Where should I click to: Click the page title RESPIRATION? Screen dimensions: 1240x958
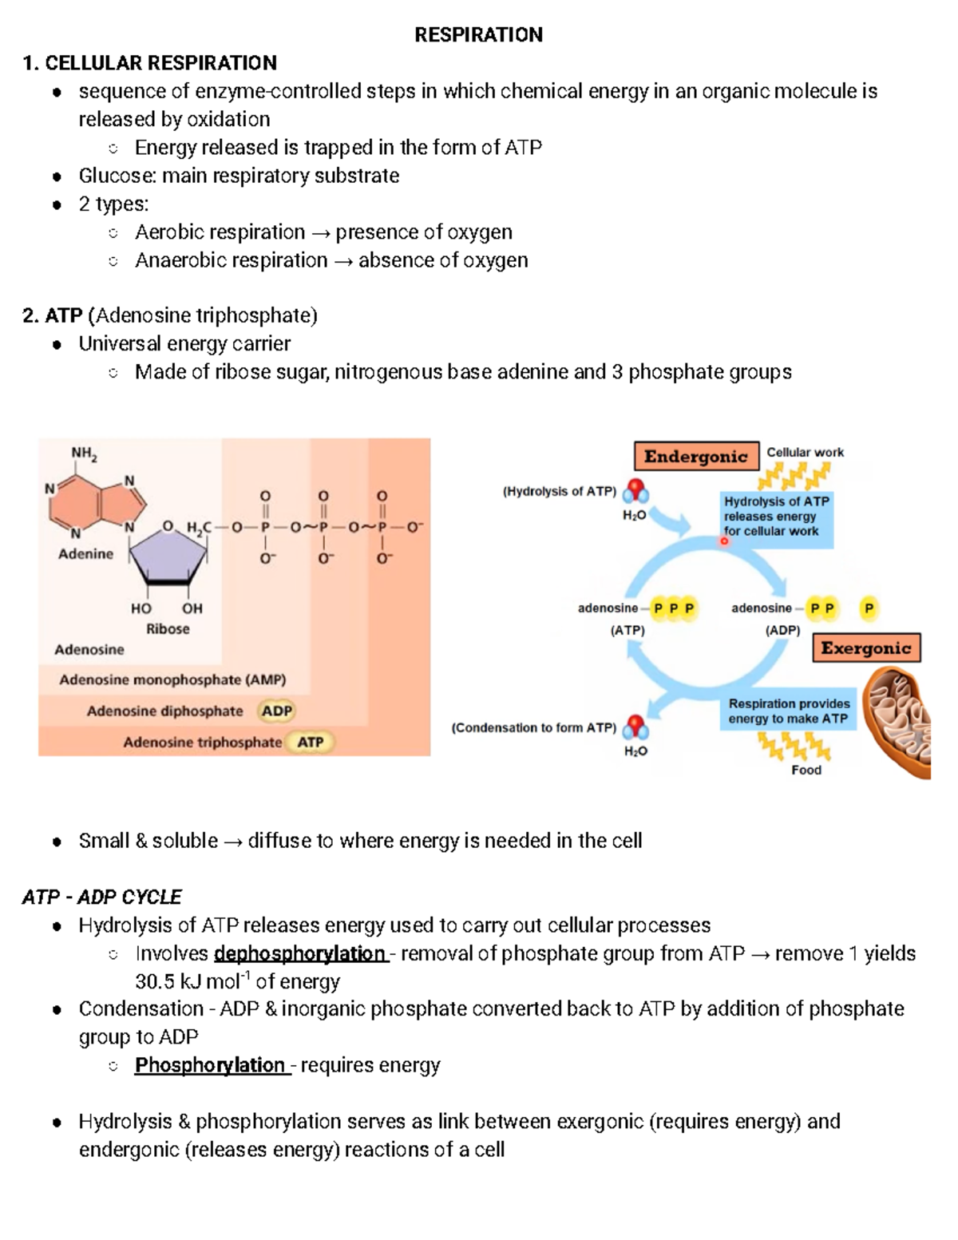tap(478, 34)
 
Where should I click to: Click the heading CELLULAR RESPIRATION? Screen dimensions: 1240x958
tap(160, 63)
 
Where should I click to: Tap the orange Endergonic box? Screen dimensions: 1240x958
tap(695, 457)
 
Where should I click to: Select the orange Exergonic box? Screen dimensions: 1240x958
tap(866, 648)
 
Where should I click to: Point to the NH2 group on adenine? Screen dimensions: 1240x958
tap(84, 454)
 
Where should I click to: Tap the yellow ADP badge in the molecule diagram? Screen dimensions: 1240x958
tap(277, 711)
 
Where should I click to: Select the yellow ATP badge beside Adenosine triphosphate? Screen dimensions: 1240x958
tap(311, 742)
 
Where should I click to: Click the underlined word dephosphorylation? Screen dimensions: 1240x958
tap(300, 953)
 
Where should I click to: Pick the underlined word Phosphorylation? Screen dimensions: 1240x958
tap(210, 1065)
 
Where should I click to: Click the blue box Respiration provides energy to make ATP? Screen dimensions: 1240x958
tap(788, 711)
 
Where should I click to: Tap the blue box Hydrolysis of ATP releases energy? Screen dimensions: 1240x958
tap(776, 517)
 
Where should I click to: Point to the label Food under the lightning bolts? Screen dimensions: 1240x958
tap(806, 770)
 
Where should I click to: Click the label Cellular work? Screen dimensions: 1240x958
tap(805, 452)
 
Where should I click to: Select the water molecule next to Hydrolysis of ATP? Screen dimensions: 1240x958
tap(635, 490)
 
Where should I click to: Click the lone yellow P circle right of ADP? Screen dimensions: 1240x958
tap(869, 608)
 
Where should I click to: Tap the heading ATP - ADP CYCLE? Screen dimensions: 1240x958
tap(102, 897)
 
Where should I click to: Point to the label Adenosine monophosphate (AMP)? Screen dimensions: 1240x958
tap(172, 679)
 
